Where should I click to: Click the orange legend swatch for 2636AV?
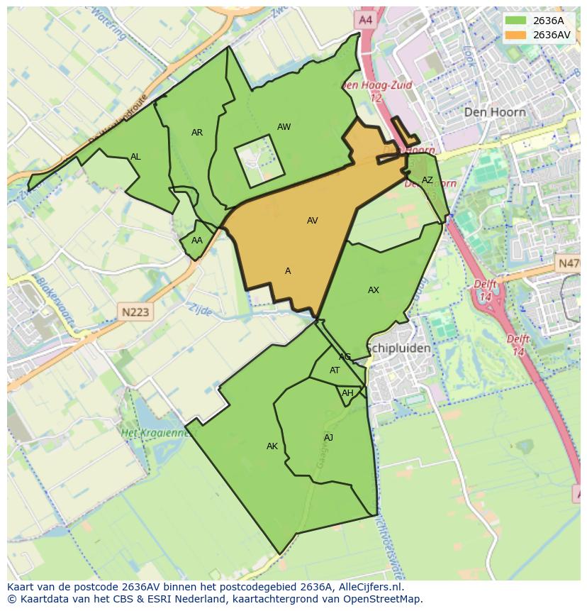click(x=515, y=35)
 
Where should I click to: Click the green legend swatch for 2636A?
click(x=515, y=21)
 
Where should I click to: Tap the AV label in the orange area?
click(x=312, y=221)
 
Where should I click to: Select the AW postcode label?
click(x=284, y=127)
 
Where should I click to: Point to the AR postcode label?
click(x=197, y=133)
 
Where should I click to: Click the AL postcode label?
click(x=135, y=157)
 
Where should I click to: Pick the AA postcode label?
click(x=197, y=241)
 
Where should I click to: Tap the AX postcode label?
click(x=374, y=290)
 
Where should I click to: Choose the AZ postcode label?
click(x=427, y=180)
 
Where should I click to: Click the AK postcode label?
click(x=272, y=446)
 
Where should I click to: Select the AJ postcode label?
click(x=328, y=438)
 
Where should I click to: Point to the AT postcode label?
click(x=335, y=370)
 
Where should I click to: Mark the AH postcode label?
click(x=347, y=393)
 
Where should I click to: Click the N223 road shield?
click(x=135, y=312)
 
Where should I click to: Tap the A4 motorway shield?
click(x=365, y=21)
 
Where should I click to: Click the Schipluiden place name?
click(x=398, y=348)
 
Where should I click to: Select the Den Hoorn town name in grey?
click(x=495, y=112)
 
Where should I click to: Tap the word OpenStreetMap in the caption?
click(x=384, y=599)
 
